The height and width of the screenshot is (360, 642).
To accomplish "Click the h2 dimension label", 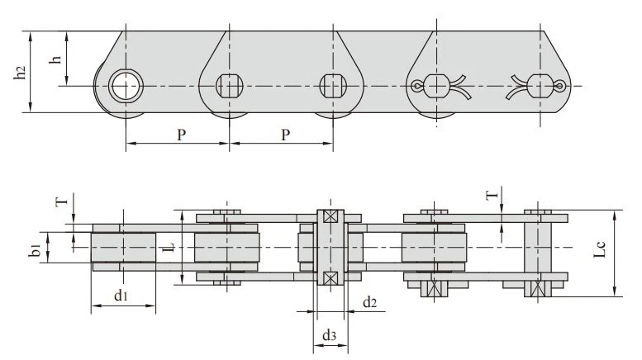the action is point(20,73).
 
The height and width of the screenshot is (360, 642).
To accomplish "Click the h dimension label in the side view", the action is point(55,59).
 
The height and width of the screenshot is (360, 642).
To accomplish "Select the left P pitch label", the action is point(182,135).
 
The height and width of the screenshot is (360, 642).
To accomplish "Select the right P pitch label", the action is point(286,135).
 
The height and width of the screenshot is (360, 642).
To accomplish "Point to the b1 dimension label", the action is point(36,249).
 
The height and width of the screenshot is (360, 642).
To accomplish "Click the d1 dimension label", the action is point(121,295).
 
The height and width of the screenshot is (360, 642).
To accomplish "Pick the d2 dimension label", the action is point(369,302).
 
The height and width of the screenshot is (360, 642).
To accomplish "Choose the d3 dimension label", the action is point(329,335).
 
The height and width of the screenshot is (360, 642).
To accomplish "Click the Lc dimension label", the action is point(599,250).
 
